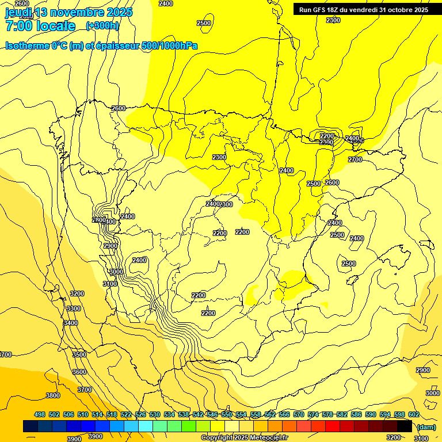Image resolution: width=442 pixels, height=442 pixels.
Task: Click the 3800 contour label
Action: tap(53, 395)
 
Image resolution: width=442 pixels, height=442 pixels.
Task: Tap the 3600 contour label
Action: tap(79, 372)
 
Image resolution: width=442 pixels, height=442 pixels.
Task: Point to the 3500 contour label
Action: tap(79, 355)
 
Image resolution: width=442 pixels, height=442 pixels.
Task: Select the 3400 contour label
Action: tap(71, 323)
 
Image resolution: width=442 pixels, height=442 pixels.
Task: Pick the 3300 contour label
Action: tap(74, 308)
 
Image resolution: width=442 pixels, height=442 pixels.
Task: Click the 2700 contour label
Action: tap(355, 159)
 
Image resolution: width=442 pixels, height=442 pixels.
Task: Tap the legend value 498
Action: tap(40, 414)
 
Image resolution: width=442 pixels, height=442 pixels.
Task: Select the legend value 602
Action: tap(414, 414)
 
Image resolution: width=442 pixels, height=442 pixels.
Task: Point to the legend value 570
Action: tap(299, 414)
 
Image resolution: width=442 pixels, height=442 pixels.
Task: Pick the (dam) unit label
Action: tap(426, 426)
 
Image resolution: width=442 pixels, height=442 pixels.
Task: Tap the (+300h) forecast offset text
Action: tap(102, 25)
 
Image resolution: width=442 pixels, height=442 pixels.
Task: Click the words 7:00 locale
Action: tap(40, 26)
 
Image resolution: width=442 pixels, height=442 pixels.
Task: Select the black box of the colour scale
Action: tap(405, 426)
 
